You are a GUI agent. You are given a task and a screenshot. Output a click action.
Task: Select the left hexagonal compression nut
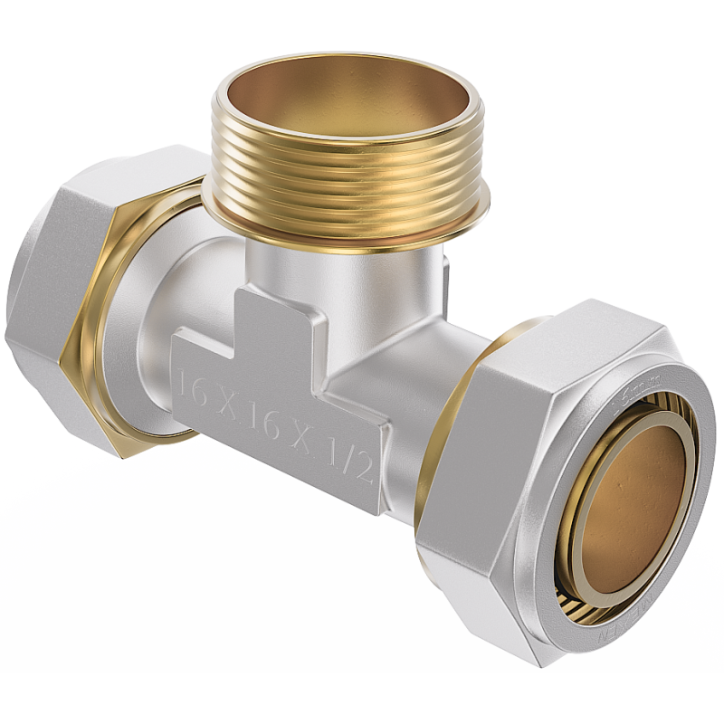[63, 299]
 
